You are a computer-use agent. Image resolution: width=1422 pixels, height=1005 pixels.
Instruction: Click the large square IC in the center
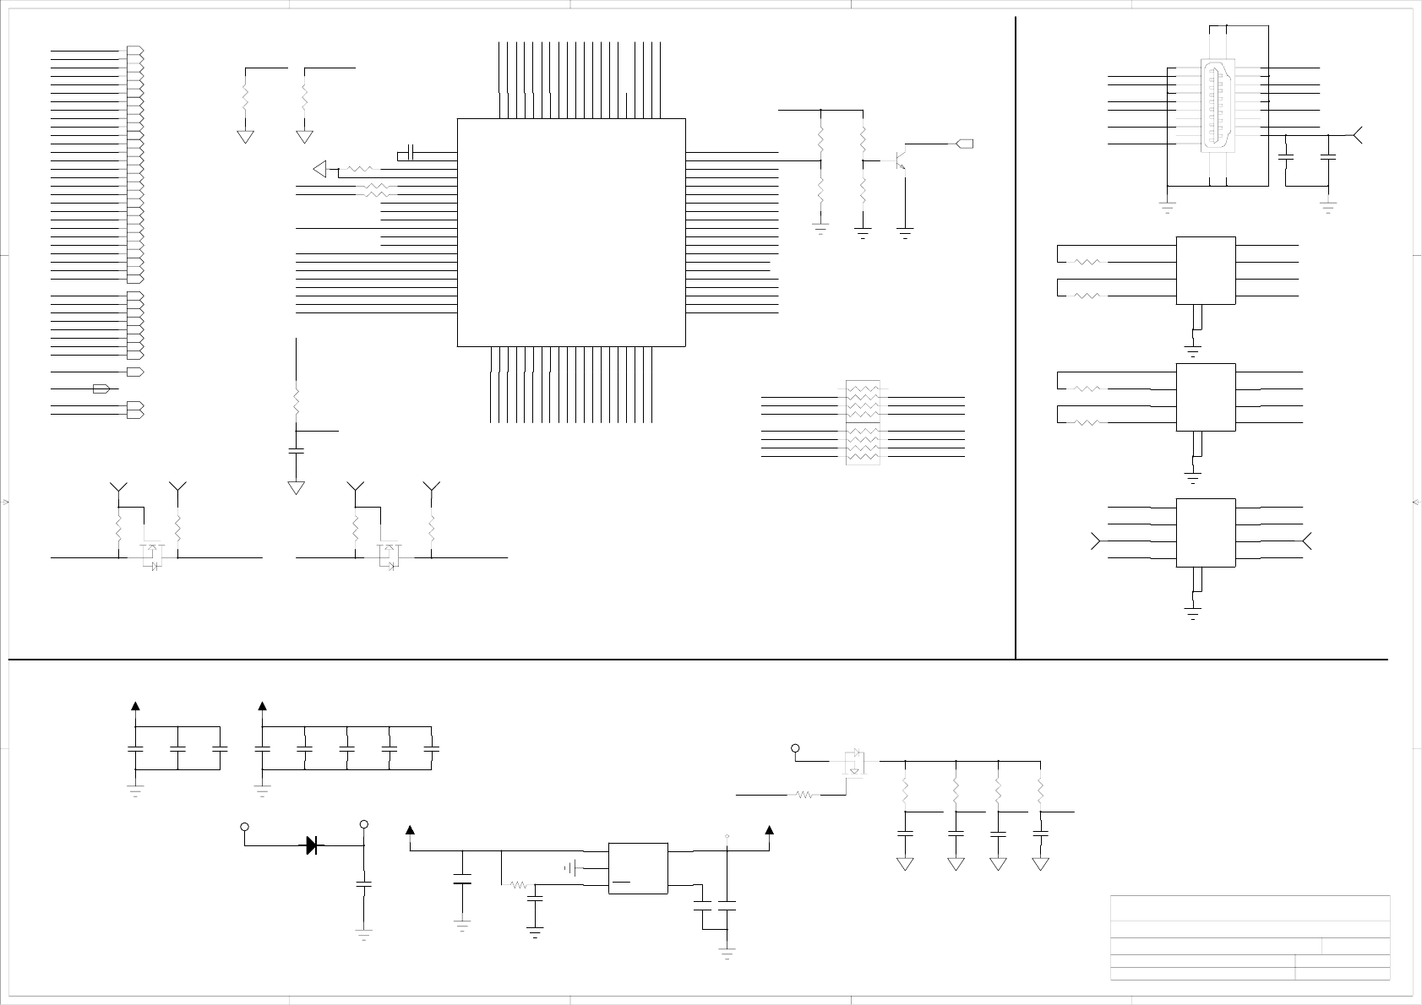coord(570,232)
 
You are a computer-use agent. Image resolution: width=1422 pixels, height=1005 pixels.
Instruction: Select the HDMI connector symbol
coord(1218,106)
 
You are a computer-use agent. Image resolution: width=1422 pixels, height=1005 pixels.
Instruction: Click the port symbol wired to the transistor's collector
coord(964,144)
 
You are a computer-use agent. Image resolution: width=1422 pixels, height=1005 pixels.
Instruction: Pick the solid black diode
coord(313,845)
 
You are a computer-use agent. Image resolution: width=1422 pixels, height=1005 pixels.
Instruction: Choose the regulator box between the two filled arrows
coord(638,867)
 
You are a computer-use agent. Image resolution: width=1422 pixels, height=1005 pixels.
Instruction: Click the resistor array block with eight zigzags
coord(863,422)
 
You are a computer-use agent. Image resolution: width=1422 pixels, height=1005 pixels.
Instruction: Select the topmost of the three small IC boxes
coord(1206,270)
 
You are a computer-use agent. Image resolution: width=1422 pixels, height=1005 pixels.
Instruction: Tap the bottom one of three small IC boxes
coord(1206,532)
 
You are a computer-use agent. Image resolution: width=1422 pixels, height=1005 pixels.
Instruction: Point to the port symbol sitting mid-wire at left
coord(101,388)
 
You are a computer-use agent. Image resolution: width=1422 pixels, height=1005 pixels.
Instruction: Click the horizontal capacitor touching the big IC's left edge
coord(409,153)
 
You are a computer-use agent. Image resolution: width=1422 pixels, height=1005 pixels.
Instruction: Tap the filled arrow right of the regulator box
coord(770,829)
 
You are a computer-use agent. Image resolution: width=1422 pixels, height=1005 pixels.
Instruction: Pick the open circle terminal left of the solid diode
coord(245,827)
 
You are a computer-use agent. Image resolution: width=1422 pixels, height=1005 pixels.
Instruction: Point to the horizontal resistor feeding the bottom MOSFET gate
coord(804,795)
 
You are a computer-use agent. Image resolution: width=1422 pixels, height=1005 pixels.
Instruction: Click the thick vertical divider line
coord(1015,338)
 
